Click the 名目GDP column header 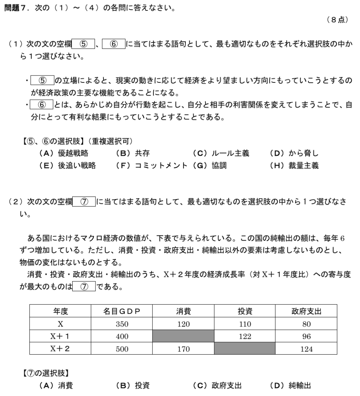[x=122, y=311]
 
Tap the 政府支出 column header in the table [x=306, y=311]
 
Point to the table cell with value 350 [x=122, y=324]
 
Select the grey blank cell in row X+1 [x=183, y=336]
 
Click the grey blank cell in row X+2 [x=245, y=349]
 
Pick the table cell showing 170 [x=183, y=349]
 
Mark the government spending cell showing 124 [x=306, y=349]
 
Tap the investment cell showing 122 [x=245, y=336]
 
